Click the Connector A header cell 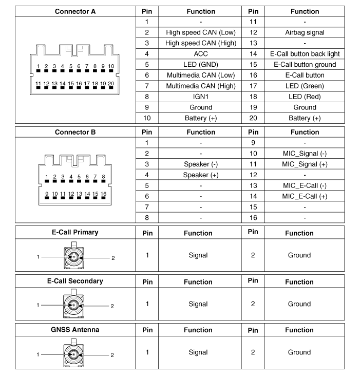point(75,11)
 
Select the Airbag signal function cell point(305,32)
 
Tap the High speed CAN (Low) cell point(200,32)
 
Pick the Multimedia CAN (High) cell point(200,86)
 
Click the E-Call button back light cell point(305,54)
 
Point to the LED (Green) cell point(305,86)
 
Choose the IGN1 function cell point(200,97)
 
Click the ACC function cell point(200,54)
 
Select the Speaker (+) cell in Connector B point(200,175)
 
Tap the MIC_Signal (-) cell point(305,154)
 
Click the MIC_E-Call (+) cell point(305,196)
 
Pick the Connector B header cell point(75,132)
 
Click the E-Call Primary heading point(75,232)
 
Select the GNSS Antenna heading point(75,330)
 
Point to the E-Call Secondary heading point(75,281)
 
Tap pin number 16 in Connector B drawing point(103,194)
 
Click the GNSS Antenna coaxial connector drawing point(72,354)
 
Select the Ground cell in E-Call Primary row point(299,255)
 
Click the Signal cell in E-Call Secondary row point(198,304)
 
